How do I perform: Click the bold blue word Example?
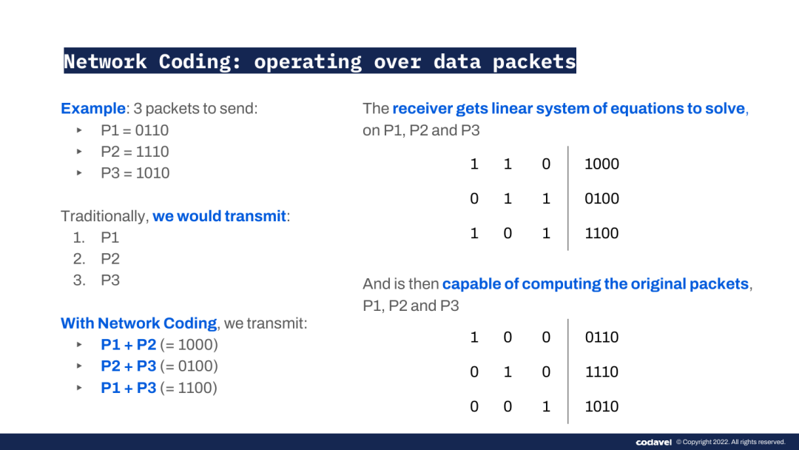pos(92,109)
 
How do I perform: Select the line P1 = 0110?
pos(135,130)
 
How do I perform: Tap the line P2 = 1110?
pos(135,152)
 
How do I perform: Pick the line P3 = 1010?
pos(135,173)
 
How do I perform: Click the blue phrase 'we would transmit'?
pos(219,216)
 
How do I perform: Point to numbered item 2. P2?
pos(96,259)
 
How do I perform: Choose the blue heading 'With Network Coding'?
pos(138,323)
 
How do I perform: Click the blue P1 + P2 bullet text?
pos(129,344)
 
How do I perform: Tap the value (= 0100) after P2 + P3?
pos(189,366)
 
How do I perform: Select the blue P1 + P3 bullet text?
pos(129,388)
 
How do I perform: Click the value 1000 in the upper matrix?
pos(601,164)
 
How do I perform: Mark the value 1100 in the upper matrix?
pos(601,233)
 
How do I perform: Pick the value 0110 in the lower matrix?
pos(601,337)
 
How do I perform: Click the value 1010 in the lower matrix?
pos(601,406)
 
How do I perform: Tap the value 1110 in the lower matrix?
pos(601,372)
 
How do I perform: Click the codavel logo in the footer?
pos(654,443)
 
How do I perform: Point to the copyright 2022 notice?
pos(731,443)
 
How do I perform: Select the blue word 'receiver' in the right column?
pos(422,109)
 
